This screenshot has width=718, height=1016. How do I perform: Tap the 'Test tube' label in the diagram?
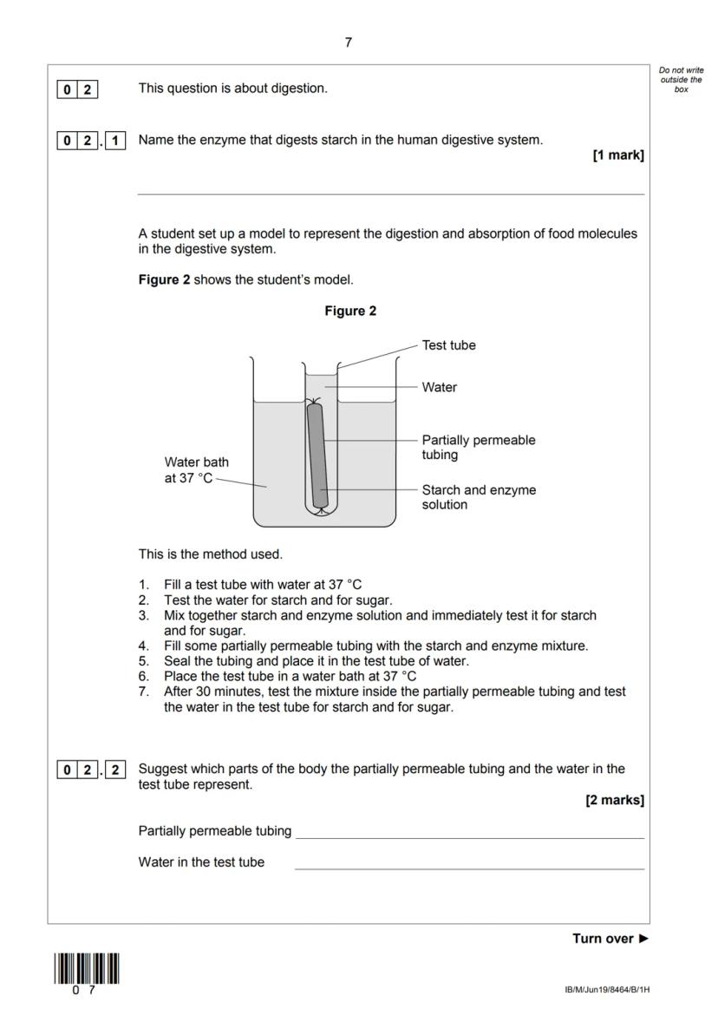pos(448,344)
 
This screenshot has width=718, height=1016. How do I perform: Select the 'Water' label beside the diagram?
pos(439,387)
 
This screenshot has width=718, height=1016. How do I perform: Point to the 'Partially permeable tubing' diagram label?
pos(478,447)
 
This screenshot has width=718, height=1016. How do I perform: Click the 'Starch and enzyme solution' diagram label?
pos(479,496)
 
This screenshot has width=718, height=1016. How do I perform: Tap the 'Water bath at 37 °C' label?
pos(197,469)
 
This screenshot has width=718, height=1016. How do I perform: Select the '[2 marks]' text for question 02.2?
pos(615,801)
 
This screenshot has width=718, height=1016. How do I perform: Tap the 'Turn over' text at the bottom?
pos(610,938)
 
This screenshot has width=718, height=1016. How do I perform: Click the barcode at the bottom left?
pos(87,968)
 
